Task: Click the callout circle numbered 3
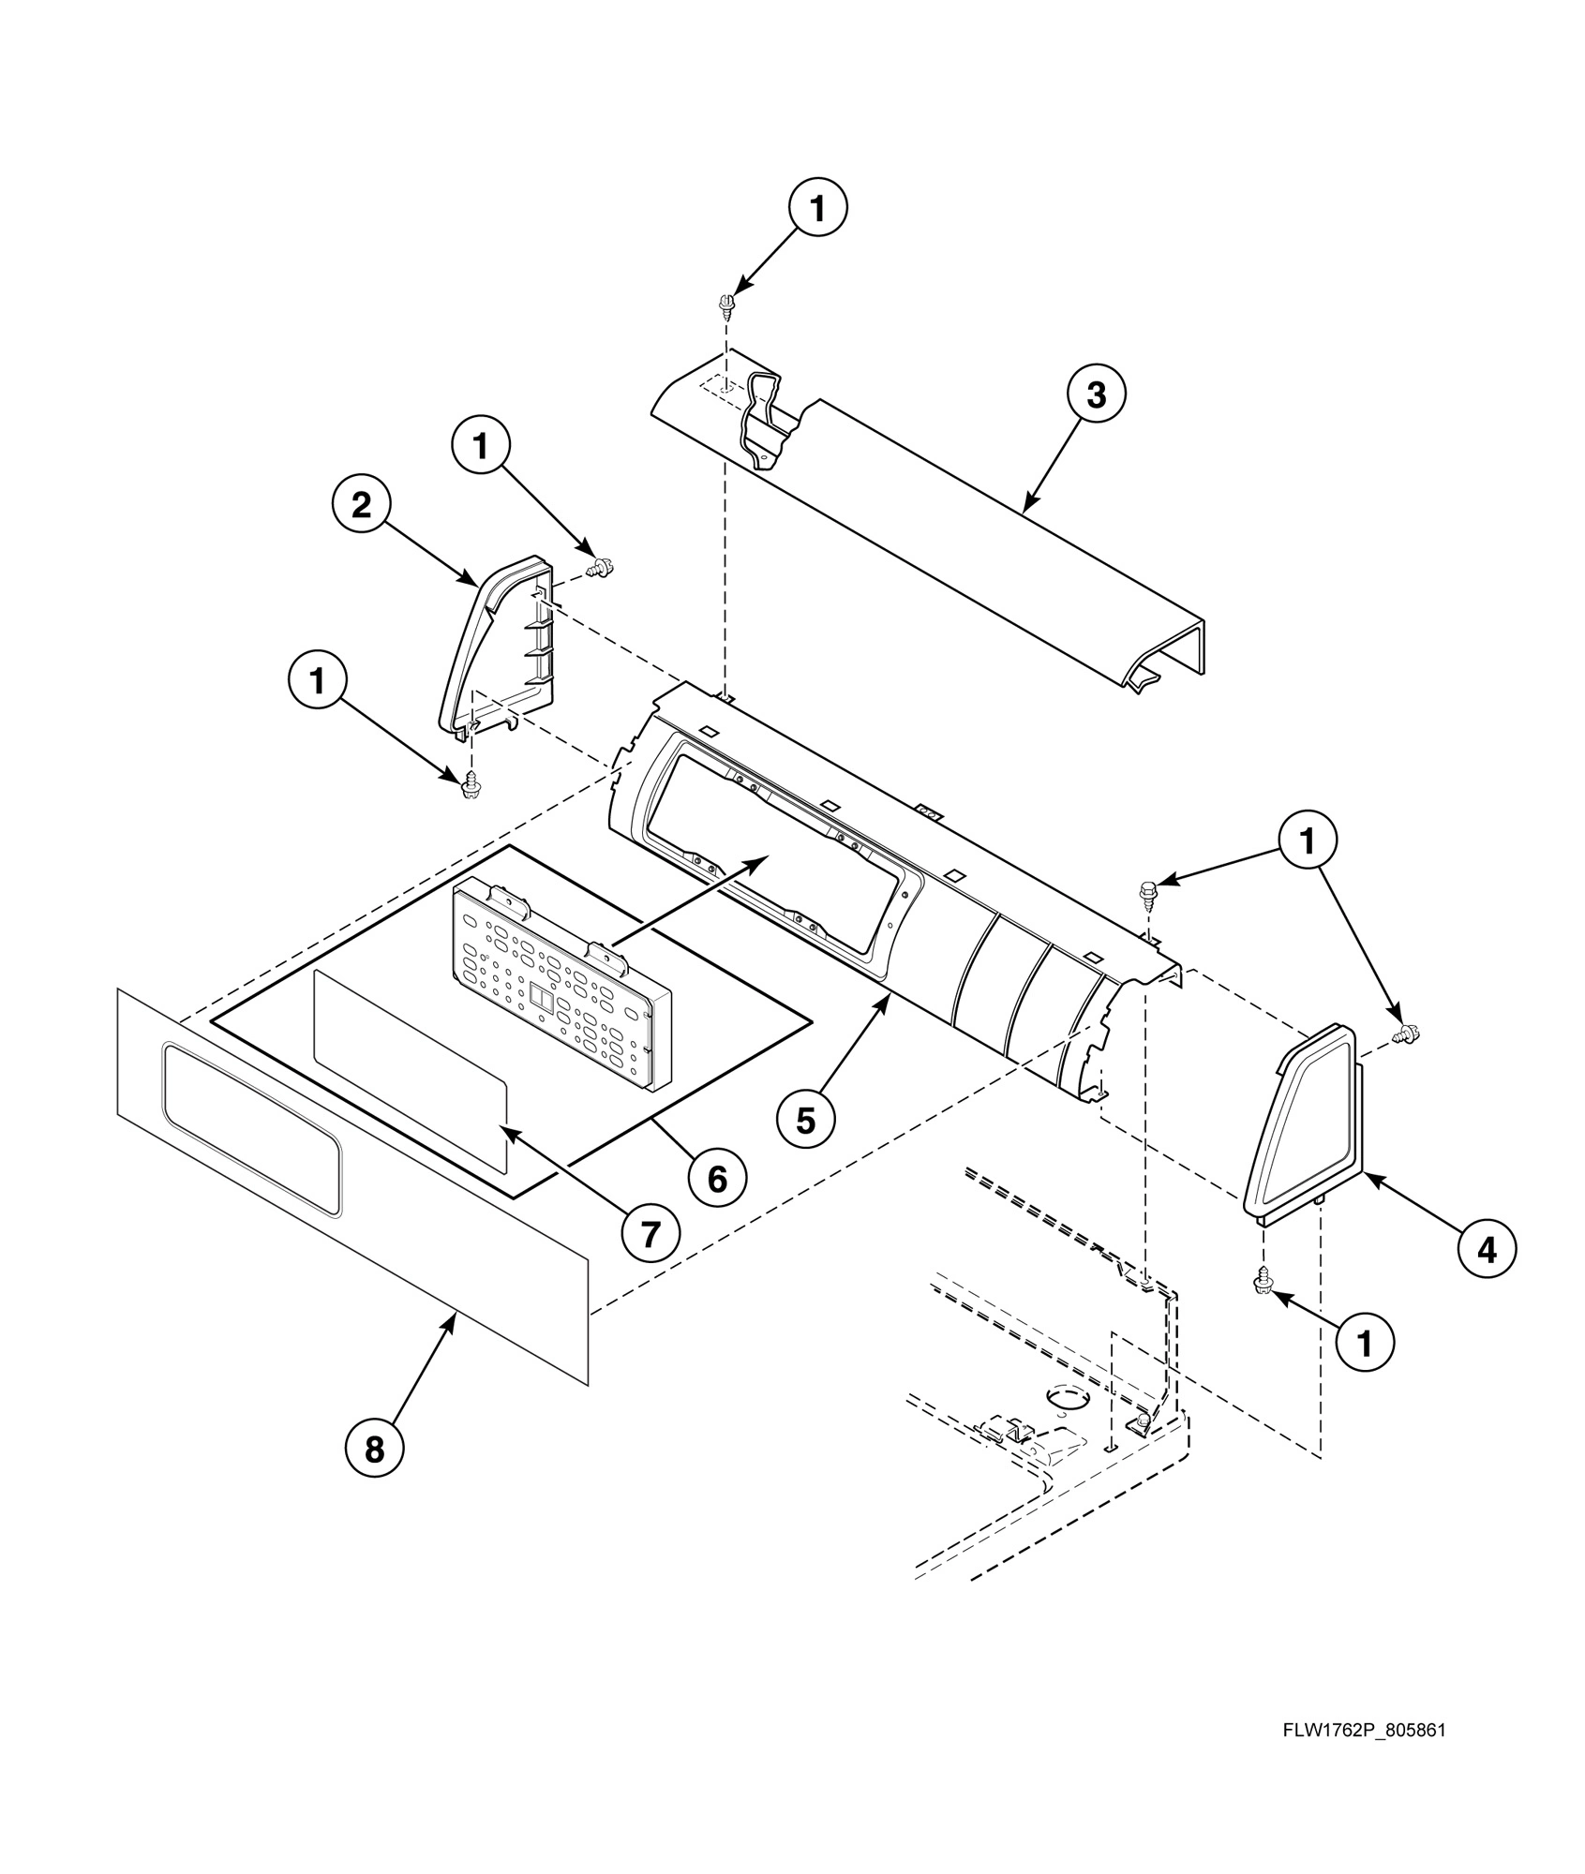tap(1096, 395)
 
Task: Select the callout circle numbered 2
tap(361, 506)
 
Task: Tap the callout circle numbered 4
tap(1487, 1249)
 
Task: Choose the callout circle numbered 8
tap(374, 1450)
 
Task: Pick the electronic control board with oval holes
tap(562, 990)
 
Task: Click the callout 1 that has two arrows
tap(1307, 840)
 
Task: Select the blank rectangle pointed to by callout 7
tap(410, 1070)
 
